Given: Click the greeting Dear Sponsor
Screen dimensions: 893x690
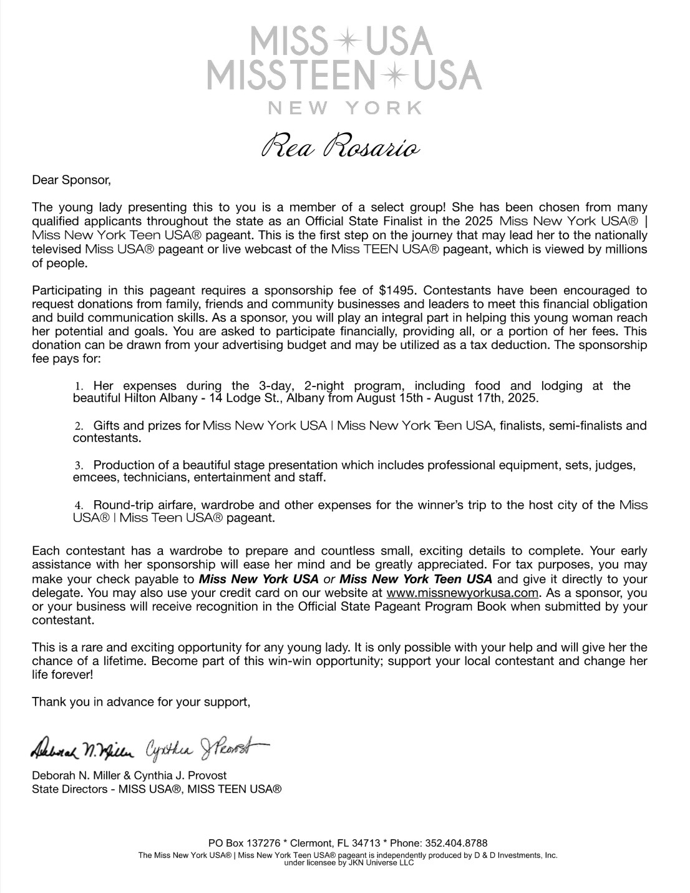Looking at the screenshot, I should pyautogui.click(x=71, y=181).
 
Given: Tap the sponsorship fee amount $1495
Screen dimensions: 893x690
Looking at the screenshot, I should pyautogui.click(x=396, y=290).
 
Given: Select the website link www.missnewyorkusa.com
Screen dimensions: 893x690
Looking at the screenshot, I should pyautogui.click(x=462, y=593).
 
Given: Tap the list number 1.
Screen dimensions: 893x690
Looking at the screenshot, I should pyautogui.click(x=79, y=387).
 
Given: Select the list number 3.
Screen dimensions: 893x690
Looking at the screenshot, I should pyautogui.click(x=79, y=466).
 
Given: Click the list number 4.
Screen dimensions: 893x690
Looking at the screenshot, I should pyautogui.click(x=79, y=505).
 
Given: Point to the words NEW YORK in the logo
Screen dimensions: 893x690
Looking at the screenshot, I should pyautogui.click(x=344, y=108).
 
